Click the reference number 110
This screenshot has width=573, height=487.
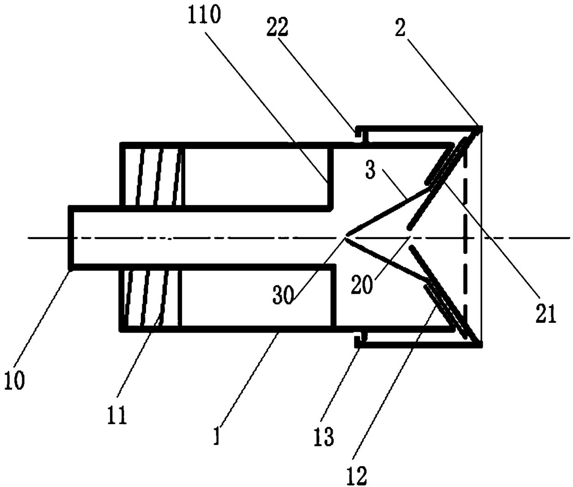204,16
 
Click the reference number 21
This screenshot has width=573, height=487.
546,313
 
